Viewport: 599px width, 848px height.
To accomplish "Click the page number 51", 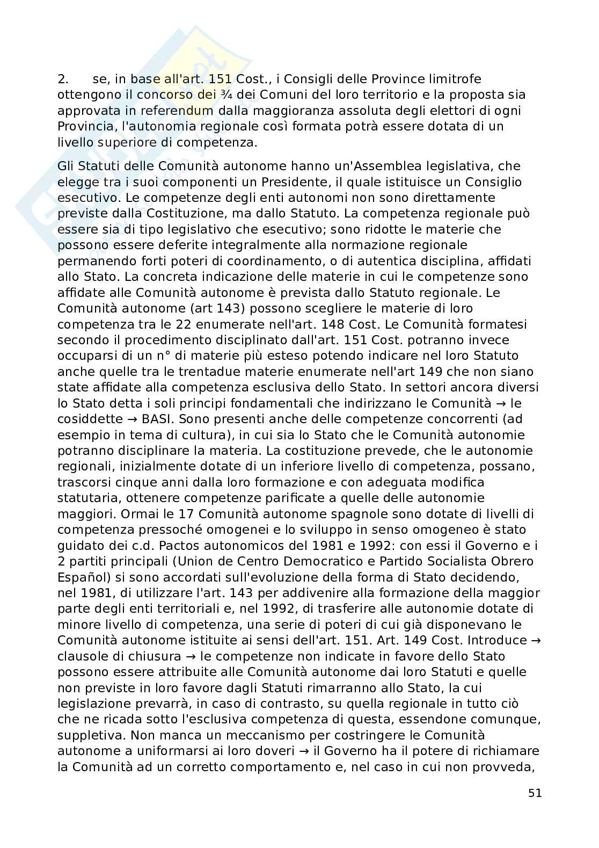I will pyautogui.click(x=535, y=793).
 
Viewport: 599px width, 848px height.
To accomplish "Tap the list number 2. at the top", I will pyautogui.click(x=63, y=79).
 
